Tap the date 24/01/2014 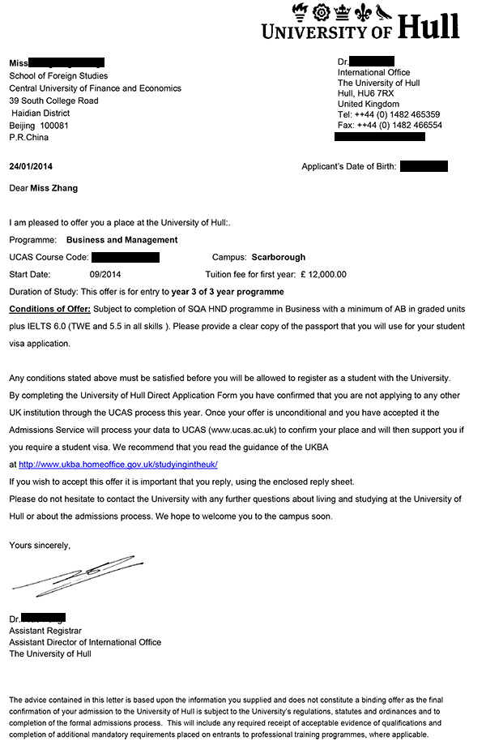tap(31, 167)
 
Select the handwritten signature tap(73, 575)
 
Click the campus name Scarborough tap(279, 257)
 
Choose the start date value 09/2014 tap(105, 274)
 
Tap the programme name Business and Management tap(122, 240)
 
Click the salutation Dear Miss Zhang tap(45, 189)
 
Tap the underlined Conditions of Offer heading tap(50, 309)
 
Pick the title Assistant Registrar tap(45, 630)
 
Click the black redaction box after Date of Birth tap(424, 167)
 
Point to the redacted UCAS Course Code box tap(126, 257)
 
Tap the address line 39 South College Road tap(53, 101)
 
